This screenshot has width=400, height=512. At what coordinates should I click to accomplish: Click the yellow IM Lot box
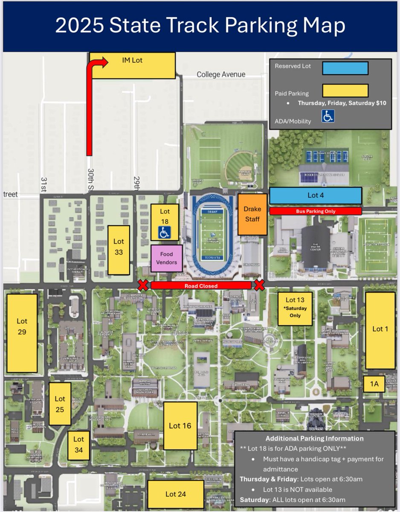[x=133, y=65]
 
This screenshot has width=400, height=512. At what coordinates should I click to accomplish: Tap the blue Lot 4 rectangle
[x=316, y=195]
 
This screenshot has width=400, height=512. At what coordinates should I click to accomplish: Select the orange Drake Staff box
[x=252, y=214]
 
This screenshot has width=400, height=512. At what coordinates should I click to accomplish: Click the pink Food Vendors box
[x=167, y=258]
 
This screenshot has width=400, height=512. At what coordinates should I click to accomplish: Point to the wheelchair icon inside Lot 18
[x=165, y=233]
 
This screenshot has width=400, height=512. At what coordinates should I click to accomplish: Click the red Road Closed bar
[x=201, y=285]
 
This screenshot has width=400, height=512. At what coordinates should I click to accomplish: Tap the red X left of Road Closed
[x=143, y=285]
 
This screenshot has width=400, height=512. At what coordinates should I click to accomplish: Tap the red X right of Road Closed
[x=259, y=285]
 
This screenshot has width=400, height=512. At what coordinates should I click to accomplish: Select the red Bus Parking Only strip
[x=316, y=211]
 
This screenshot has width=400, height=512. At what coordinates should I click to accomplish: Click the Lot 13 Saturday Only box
[x=295, y=308]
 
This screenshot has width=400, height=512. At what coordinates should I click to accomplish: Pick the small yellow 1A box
[x=374, y=384]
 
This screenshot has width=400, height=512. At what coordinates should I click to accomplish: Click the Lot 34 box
[x=79, y=445]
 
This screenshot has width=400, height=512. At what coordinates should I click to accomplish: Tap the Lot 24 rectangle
[x=176, y=494]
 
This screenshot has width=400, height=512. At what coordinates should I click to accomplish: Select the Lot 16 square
[x=180, y=425]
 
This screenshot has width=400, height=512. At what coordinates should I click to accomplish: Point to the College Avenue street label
[x=221, y=75]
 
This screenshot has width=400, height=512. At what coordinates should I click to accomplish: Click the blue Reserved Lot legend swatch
[x=345, y=68]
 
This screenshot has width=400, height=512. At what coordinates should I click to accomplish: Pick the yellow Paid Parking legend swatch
[x=345, y=91]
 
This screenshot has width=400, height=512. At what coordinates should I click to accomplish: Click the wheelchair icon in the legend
[x=328, y=116]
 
